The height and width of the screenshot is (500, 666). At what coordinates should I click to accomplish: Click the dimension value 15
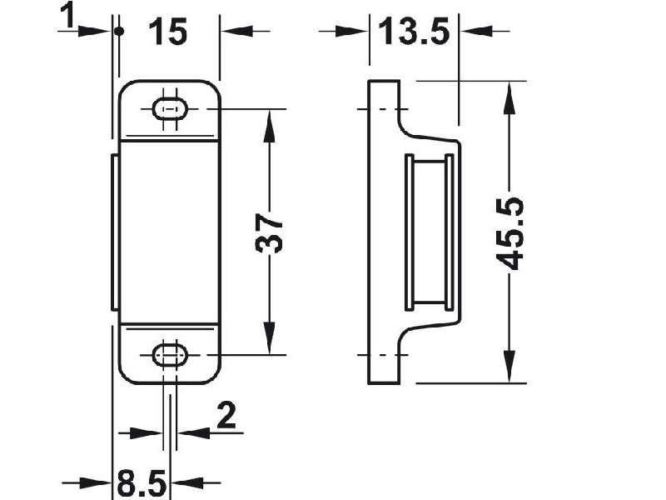point(168,32)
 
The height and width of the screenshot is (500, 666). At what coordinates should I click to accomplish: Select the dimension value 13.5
point(413,32)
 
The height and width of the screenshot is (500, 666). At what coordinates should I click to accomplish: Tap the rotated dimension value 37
point(269,233)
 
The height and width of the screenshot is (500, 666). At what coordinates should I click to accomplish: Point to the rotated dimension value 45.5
point(510,233)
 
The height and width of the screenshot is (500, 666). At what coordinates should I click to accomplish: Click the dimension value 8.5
point(141,483)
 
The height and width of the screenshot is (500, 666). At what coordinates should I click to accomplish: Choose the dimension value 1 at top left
point(67,15)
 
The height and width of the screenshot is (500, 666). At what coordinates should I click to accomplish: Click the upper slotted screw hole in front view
point(170,109)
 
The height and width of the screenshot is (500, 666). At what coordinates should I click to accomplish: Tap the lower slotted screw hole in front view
point(170,355)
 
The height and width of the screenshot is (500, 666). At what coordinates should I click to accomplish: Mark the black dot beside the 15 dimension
point(119,32)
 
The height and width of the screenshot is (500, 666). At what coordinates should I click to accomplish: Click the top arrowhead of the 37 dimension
point(269,126)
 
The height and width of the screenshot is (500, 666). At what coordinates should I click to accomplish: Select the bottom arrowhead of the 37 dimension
point(269,337)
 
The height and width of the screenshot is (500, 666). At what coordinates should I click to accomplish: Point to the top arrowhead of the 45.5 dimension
point(509,97)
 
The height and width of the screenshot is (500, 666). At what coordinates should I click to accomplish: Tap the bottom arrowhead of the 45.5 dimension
point(509,367)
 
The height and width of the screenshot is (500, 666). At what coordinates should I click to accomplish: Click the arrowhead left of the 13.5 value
point(352,31)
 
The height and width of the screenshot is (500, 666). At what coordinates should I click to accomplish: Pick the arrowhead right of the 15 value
point(237,31)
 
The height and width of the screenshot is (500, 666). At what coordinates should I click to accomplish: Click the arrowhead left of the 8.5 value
point(95,482)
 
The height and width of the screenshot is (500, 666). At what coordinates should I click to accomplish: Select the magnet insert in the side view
point(429,232)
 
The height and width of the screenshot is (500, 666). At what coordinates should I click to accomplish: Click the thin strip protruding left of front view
point(115,232)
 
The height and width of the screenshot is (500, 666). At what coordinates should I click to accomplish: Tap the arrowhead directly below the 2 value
point(194,433)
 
